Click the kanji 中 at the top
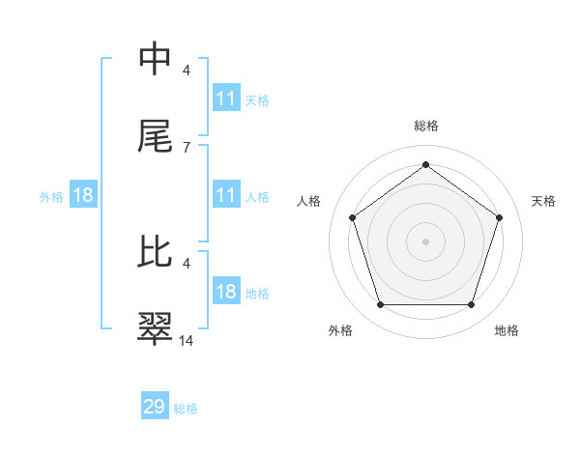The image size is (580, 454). click(156, 60)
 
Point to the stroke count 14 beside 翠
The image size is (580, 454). click(187, 340)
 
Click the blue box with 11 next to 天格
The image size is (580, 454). click(226, 99)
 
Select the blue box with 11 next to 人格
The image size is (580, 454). click(226, 195)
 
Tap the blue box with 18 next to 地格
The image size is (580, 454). click(226, 292)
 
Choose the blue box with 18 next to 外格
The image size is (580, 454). click(83, 195)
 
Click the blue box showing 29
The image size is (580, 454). click(155, 407)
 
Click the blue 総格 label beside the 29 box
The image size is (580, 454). click(186, 409)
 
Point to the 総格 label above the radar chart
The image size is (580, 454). click(425, 126)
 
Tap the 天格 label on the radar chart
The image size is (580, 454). click(543, 201)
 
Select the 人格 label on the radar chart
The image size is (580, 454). click(308, 201)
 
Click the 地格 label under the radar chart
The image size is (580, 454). click(507, 330)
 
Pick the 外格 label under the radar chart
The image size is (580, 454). click(340, 330)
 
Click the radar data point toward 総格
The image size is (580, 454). click(425, 165)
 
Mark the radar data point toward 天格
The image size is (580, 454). click(499, 217)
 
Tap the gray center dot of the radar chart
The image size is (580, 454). click(425, 241)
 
